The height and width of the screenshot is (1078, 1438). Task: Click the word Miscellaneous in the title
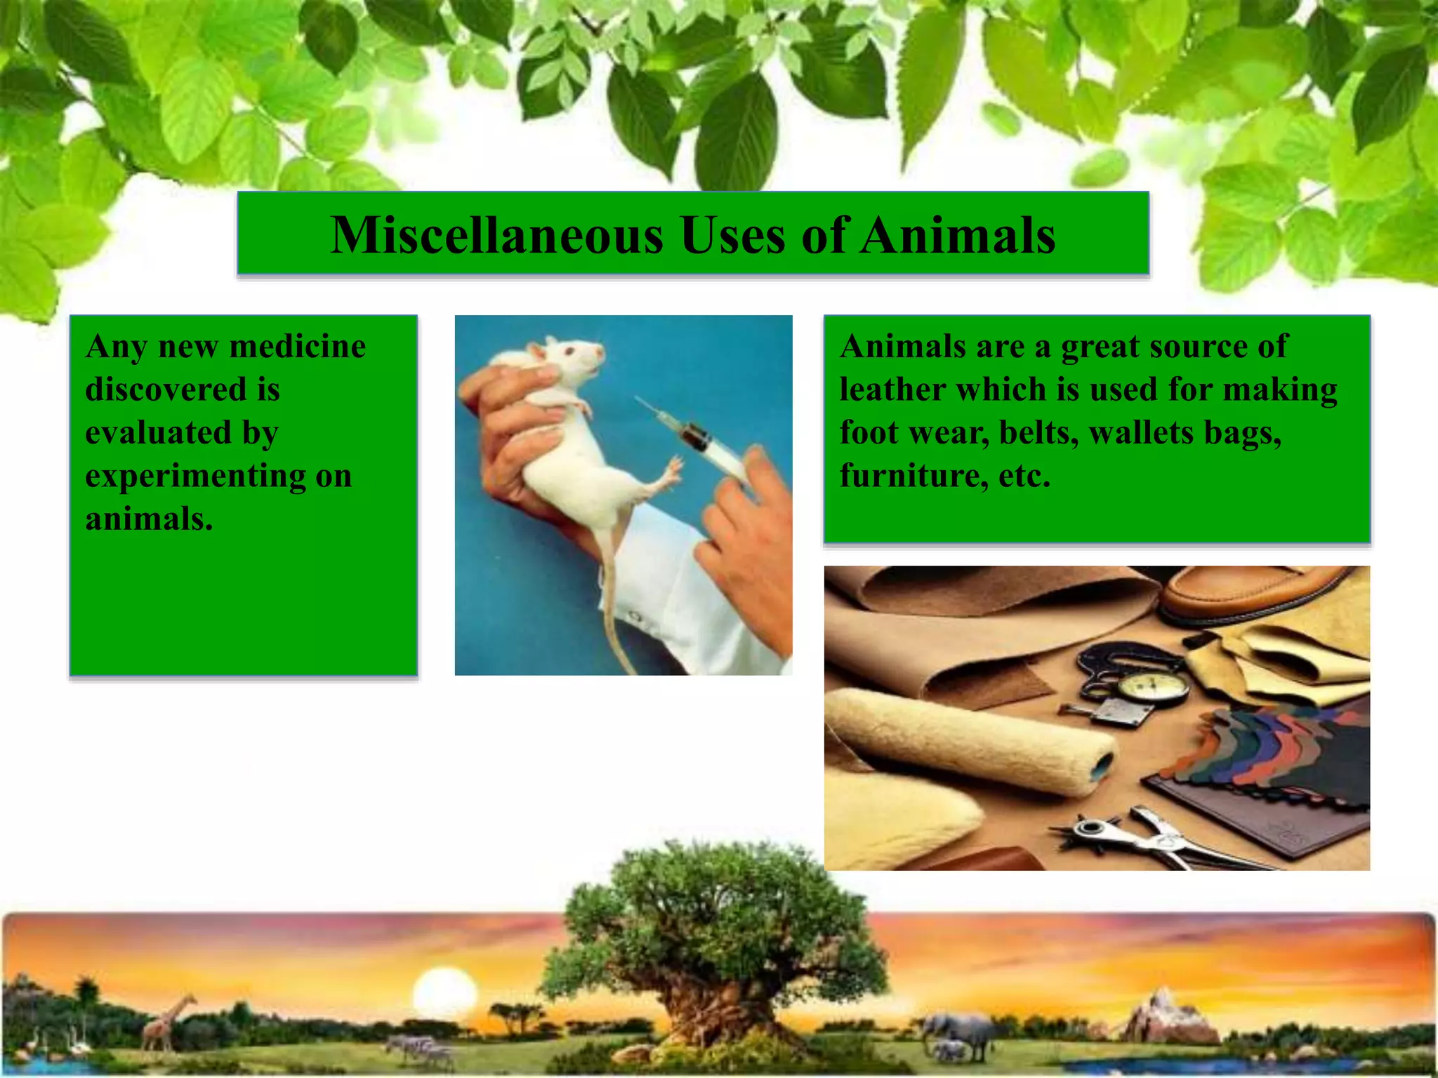(x=496, y=235)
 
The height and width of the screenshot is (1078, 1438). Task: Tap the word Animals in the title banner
(x=958, y=235)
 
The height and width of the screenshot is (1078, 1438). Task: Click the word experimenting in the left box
(x=195, y=477)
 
